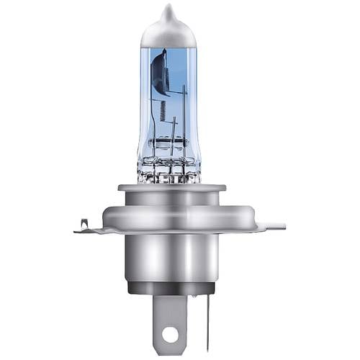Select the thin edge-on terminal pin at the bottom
point(207,320)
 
